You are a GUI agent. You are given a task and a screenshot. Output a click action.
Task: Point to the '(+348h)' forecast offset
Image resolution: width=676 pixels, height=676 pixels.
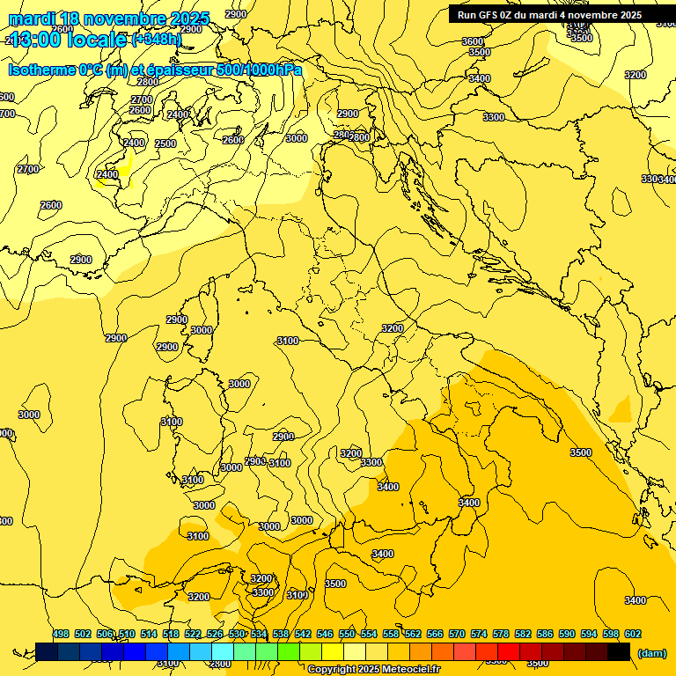157,39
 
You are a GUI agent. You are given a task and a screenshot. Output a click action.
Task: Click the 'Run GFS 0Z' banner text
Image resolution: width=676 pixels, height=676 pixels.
484,15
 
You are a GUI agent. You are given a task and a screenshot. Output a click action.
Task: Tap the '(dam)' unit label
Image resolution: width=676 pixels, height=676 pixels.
650,652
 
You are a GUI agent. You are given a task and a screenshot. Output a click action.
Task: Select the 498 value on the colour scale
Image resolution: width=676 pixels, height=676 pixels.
61,634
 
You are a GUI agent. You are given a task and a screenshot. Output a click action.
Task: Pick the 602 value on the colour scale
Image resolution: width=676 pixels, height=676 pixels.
633,634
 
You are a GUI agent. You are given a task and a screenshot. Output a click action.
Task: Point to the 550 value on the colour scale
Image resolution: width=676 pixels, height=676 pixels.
347,634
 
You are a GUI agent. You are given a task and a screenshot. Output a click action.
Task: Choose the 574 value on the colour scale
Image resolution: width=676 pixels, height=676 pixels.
479,634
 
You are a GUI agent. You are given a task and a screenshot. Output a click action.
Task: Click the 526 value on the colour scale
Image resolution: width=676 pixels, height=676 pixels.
215,634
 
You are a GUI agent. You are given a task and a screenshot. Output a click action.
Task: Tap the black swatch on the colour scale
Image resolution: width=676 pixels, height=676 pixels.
619,651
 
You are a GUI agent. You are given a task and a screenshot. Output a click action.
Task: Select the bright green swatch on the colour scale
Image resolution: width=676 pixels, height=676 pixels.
288,651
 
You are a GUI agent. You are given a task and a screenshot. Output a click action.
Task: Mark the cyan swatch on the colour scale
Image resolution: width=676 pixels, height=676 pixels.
222,651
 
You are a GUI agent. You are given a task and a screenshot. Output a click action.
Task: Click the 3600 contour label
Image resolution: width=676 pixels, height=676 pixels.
473,41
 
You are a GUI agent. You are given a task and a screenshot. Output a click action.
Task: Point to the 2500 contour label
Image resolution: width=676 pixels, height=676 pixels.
165,143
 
